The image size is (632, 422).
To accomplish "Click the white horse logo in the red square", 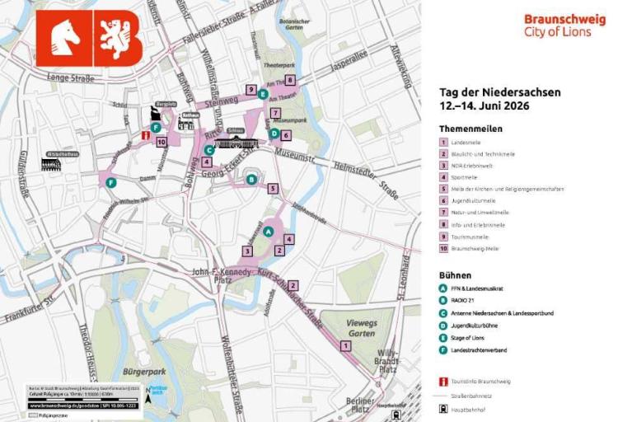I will coord(63,38).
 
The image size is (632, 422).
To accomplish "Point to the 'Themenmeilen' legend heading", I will coord(470,129).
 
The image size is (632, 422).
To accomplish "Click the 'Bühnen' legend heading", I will coord(455,274).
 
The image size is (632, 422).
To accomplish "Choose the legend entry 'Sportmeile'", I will coord(465,176).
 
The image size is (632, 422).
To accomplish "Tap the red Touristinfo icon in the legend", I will coord(443,382).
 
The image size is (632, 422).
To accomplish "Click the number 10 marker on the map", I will coord(162,142).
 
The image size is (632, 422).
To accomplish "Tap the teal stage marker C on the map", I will coord(209,150).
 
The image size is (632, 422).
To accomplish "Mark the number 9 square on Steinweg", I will coord(250,89).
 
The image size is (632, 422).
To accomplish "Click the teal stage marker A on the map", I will coord(268,232).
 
